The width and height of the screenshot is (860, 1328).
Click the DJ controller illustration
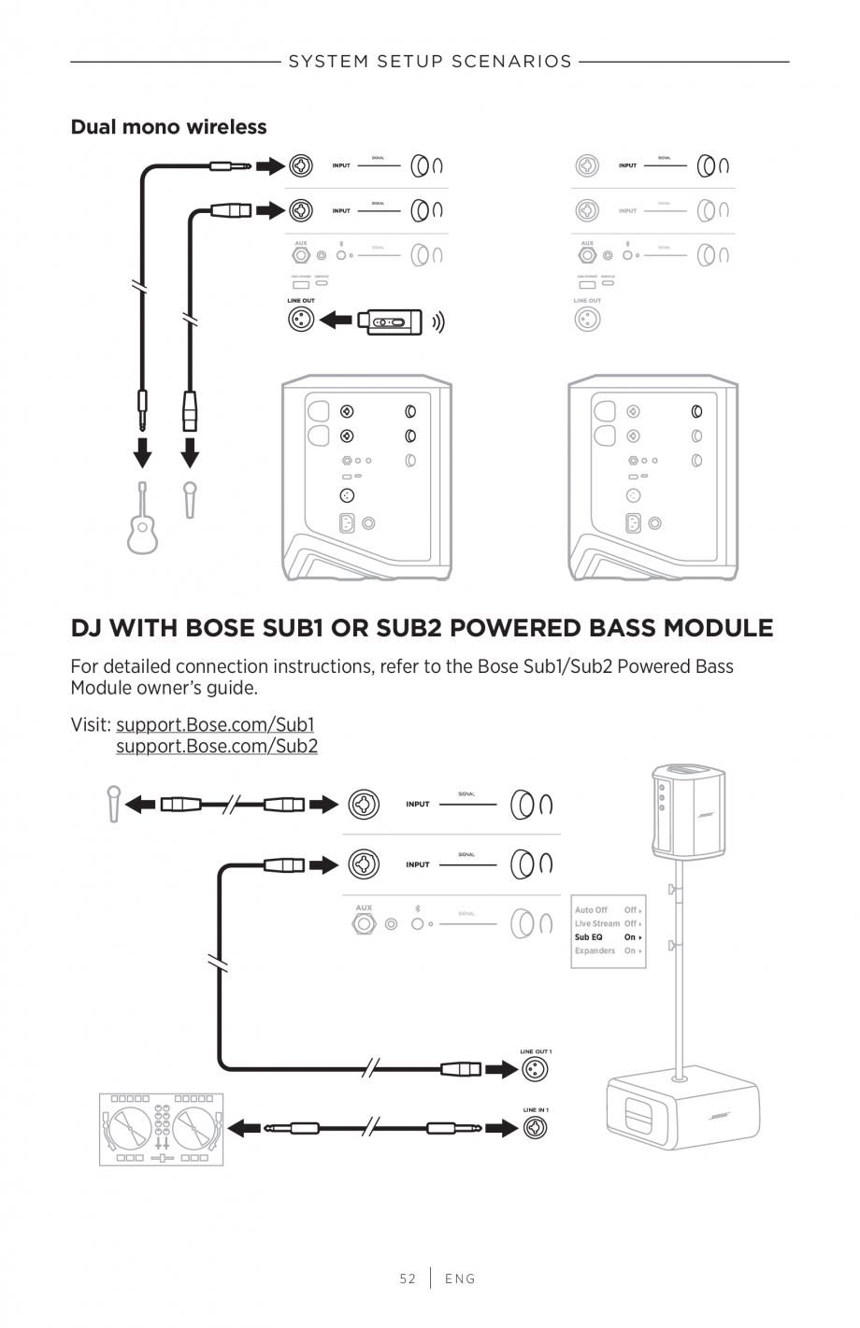(162, 1129)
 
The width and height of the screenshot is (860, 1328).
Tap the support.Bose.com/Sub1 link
(215, 724)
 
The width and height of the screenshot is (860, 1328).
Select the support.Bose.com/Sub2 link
(217, 746)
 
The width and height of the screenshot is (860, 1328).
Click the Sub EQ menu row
(608, 937)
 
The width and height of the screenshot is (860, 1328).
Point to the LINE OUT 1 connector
(535, 1069)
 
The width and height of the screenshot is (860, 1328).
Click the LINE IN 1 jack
(535, 1128)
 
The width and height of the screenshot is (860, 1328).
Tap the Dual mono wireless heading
(168, 127)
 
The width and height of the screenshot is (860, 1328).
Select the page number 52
(408, 1278)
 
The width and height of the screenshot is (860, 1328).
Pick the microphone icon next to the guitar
(190, 499)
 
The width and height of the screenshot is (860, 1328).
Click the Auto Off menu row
(608, 910)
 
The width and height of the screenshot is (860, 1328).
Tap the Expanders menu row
(608, 950)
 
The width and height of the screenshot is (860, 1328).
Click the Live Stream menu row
(608, 923)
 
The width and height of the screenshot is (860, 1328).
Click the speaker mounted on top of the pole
(688, 810)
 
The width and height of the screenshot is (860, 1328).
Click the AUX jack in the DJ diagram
(364, 924)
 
